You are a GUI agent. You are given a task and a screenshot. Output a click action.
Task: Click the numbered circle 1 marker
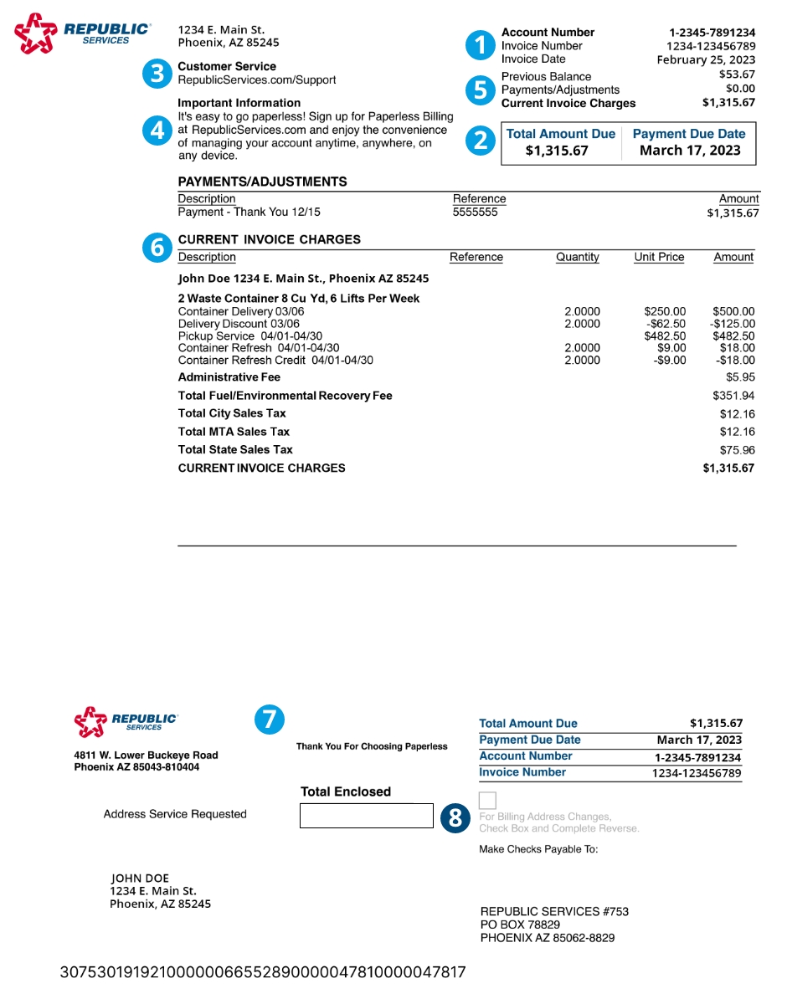(480, 45)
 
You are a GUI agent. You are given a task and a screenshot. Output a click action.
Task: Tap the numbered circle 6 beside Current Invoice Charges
(157, 247)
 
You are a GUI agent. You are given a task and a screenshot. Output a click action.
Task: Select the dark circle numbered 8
(455, 818)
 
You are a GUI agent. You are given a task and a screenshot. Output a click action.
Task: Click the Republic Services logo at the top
(82, 33)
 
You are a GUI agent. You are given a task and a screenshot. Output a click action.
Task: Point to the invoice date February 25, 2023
(706, 59)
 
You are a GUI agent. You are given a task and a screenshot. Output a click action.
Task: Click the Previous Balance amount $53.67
(737, 74)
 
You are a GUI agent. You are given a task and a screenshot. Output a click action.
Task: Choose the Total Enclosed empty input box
(366, 816)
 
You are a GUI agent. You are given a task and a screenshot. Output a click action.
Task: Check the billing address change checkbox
(487, 799)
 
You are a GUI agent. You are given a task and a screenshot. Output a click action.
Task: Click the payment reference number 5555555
(475, 213)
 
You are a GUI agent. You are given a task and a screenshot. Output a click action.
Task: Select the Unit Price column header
(659, 257)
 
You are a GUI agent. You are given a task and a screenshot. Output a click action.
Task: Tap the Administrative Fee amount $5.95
(740, 377)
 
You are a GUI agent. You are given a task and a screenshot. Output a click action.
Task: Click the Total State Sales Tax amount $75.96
(737, 449)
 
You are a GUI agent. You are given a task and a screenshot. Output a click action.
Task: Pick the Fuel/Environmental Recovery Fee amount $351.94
(733, 396)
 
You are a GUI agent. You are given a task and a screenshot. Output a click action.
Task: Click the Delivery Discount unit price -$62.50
(666, 324)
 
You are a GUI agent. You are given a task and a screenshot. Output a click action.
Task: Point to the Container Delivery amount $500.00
(733, 311)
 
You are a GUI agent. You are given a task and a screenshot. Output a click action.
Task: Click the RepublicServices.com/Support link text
(257, 80)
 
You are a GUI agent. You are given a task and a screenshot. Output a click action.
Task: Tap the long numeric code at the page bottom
(263, 972)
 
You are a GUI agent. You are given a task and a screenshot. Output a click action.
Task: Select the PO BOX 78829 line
(520, 925)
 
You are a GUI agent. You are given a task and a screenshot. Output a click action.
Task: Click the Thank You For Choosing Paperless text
(372, 746)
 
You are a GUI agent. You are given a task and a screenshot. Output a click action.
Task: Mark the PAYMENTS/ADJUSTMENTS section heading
(262, 182)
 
